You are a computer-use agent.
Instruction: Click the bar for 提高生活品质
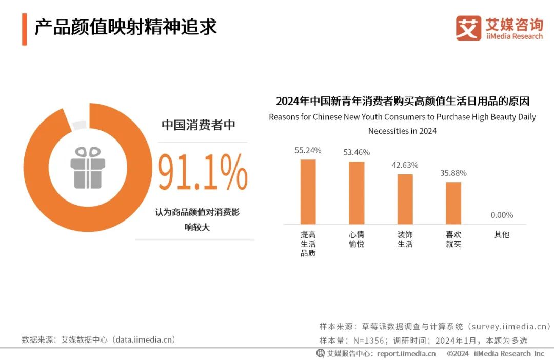point(308,192)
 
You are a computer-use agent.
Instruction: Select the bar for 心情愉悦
point(357,193)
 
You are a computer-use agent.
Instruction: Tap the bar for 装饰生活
point(405,199)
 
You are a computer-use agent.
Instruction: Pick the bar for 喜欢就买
point(453,203)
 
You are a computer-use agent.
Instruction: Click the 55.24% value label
point(308,150)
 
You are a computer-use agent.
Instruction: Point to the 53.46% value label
point(357,152)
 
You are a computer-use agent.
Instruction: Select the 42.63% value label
point(405,165)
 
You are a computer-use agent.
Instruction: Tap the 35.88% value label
point(453,173)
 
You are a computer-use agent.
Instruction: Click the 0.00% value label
point(502,215)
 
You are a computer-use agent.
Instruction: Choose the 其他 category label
point(502,234)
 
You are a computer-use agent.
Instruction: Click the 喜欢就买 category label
point(453,239)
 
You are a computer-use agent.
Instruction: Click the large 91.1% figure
point(202,173)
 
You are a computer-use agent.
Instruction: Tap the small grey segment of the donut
point(80,125)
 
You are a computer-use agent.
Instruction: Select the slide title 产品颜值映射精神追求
point(126,27)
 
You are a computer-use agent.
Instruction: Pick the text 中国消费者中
point(199,125)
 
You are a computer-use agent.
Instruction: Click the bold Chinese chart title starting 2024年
point(402,101)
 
